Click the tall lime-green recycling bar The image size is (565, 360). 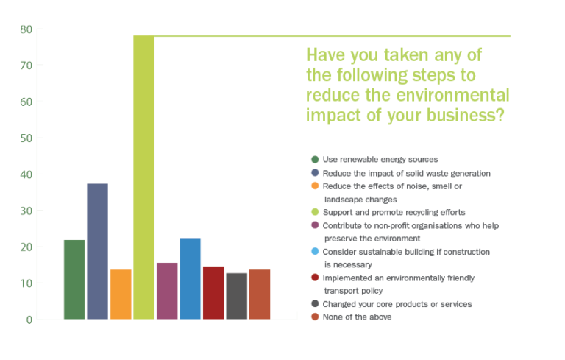[x=143, y=177]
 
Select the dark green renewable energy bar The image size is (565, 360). [x=74, y=280]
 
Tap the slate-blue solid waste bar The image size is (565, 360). [x=97, y=252]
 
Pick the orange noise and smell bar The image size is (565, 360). [x=121, y=294]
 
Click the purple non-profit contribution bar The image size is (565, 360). [x=167, y=291]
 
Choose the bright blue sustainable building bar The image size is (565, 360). [x=190, y=278]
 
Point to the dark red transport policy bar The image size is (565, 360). [x=213, y=293]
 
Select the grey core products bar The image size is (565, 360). [x=236, y=296]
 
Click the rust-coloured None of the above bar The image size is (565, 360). [x=260, y=294]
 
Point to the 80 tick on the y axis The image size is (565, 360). [x=26, y=29]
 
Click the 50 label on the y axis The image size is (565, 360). [x=26, y=138]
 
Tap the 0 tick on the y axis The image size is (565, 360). [x=29, y=320]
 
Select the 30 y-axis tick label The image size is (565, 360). [x=26, y=211]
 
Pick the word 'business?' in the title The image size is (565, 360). [x=465, y=116]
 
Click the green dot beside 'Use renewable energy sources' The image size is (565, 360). [x=315, y=160]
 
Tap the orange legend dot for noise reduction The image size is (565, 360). [x=315, y=186]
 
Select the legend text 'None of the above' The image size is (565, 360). [x=357, y=317]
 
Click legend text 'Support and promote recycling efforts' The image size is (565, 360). [x=394, y=212]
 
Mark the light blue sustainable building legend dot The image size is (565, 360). [x=315, y=251]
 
